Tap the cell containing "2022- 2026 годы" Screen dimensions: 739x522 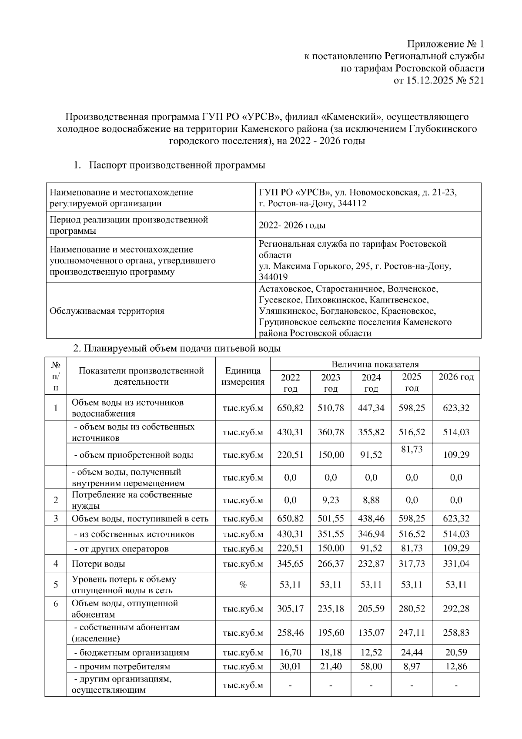pyautogui.click(x=292, y=225)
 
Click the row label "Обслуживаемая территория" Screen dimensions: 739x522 pyautogui.click(x=107, y=311)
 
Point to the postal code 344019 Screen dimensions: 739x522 pyautogui.click(x=273, y=277)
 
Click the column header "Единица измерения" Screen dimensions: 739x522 pyautogui.click(x=243, y=376)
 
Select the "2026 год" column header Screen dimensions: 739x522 pyautogui.click(x=456, y=377)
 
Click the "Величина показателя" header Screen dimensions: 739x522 pyautogui.click(x=375, y=364)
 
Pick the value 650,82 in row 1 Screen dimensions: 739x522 pyautogui.click(x=290, y=408)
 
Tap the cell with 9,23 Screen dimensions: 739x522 pyautogui.click(x=331, y=501)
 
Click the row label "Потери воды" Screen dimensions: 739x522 pyautogui.click(x=98, y=564)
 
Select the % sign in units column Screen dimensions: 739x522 pyautogui.click(x=243, y=585)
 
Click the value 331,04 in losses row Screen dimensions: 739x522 pyautogui.click(x=456, y=564)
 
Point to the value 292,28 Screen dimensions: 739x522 pyautogui.click(x=456, y=609)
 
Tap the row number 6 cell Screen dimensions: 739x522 pyautogui.click(x=56, y=604)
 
